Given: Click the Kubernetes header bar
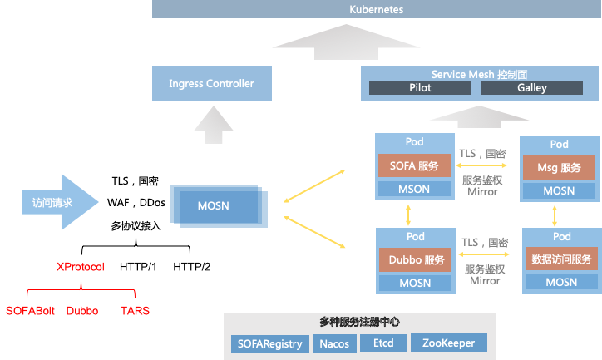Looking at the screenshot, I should pos(376,9).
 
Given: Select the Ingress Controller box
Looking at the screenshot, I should pos(211,84).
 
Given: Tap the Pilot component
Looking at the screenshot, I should pos(421,88).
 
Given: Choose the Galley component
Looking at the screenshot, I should pos(532,88).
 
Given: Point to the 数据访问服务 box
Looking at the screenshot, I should pos(561,259).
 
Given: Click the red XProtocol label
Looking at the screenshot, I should pos(81,267).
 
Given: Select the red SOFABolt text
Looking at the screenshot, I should pos(28,311).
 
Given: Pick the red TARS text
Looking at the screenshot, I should pos(135,311).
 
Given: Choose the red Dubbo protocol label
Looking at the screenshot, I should pos(82,311).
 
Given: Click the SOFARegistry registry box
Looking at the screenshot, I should pos(269,343).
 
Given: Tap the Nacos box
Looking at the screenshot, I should pos(335,343).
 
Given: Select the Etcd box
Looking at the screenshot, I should pos(384,343).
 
